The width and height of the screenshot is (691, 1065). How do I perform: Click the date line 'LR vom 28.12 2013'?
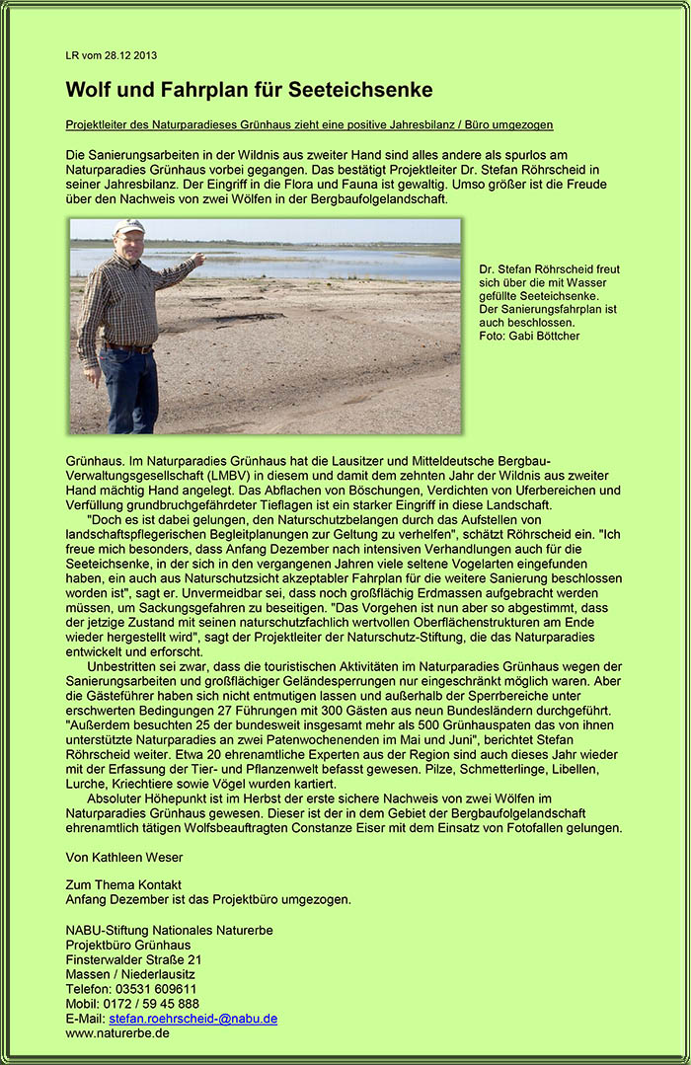[x=111, y=55]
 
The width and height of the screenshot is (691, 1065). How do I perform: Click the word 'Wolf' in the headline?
[x=89, y=90]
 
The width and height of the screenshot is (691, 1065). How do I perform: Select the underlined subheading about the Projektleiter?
[x=309, y=125]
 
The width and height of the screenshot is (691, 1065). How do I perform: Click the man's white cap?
[x=128, y=226]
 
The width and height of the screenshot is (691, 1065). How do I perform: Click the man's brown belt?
[x=130, y=347]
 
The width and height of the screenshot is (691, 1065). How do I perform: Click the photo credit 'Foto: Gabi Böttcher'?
[x=529, y=337]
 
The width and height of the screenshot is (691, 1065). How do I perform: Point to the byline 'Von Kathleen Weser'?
[x=123, y=857]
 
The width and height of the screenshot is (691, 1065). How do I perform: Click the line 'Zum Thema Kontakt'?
[x=123, y=884]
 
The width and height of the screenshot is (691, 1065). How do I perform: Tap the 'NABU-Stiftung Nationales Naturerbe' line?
[x=169, y=930]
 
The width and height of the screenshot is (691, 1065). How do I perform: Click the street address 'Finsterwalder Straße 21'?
[x=133, y=959]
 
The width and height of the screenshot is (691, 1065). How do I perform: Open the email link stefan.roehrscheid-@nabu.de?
[x=192, y=1019]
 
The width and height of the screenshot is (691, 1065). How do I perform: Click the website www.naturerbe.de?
[x=116, y=1033]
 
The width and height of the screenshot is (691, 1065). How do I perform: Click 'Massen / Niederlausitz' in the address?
[x=127, y=974]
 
